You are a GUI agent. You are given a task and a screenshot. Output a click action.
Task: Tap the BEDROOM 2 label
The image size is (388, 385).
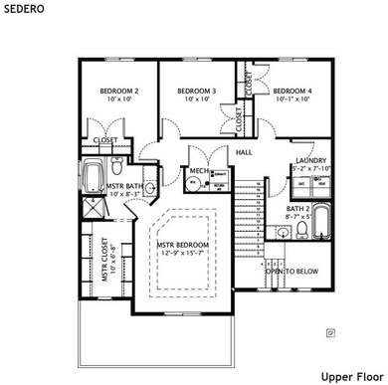click(117, 92)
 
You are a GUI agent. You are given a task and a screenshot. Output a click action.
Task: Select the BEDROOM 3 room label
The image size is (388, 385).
click(198, 92)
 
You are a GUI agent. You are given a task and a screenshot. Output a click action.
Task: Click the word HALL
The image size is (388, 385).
click(244, 152)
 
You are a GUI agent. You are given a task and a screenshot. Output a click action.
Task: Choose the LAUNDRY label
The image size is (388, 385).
click(311, 161)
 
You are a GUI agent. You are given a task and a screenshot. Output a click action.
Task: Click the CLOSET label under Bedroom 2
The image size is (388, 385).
click(104, 140)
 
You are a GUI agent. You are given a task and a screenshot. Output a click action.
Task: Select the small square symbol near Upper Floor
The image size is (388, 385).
click(331, 332)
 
